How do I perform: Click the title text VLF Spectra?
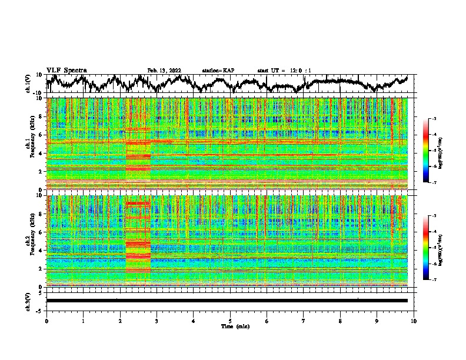pos(66,70)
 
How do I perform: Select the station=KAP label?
pos(218,71)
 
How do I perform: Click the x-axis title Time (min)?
pos(230,326)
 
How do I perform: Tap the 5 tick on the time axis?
pos(230,321)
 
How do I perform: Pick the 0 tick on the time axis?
pos(46,321)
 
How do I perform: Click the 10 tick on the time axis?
pos(414,321)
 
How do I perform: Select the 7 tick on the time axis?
pos(304,321)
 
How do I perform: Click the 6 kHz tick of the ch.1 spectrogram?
pos(41,135)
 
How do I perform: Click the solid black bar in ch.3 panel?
pos(227,301)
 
